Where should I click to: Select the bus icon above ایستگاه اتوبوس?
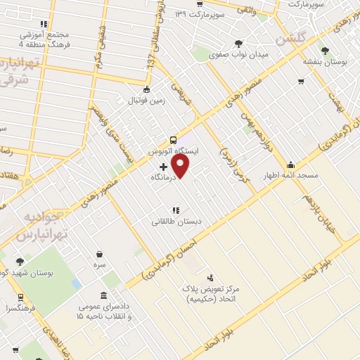pyautogui.click(x=174, y=139)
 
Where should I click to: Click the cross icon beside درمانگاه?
pyautogui.click(x=164, y=167)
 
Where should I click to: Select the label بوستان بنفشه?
pyautogui.click(x=325, y=62)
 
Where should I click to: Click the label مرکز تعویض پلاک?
pyautogui.click(x=212, y=290)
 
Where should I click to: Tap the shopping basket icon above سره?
pyautogui.click(x=101, y=254)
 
